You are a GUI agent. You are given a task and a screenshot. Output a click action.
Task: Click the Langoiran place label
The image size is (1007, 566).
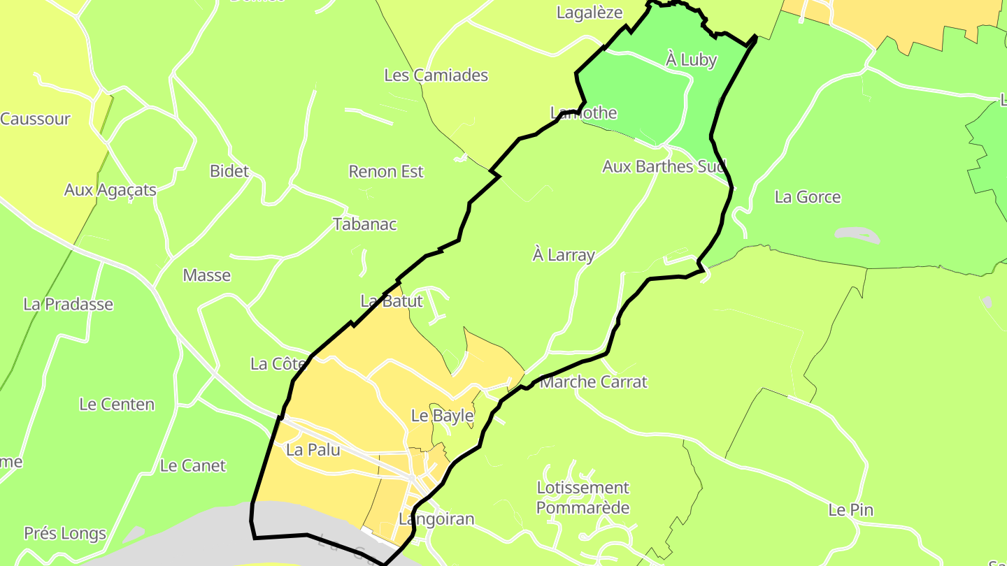click(x=436, y=519)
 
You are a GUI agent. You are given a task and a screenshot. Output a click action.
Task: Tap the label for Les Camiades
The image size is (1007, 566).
click(x=436, y=75)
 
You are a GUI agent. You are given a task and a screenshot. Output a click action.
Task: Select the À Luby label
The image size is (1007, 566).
click(x=691, y=60)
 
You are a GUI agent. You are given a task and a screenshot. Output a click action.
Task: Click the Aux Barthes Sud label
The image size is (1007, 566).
click(x=664, y=166)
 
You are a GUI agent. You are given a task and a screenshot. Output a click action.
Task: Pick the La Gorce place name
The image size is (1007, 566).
click(x=807, y=197)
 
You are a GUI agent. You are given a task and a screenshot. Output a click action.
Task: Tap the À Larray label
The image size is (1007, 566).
click(x=563, y=255)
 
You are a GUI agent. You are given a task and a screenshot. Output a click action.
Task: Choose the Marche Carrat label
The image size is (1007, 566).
click(x=594, y=382)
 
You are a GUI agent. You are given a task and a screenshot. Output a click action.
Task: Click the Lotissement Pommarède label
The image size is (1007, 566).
click(x=583, y=498)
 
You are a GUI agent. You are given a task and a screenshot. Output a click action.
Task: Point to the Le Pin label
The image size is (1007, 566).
click(x=850, y=510)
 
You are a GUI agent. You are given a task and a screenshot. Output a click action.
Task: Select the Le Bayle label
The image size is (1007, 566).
click(x=442, y=416)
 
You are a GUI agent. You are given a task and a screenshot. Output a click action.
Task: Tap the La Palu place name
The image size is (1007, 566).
click(x=313, y=450)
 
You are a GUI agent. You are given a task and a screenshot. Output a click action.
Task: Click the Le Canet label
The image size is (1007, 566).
click(x=193, y=466)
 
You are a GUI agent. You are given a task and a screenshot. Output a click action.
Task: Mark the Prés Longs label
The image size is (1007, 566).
click(x=65, y=534)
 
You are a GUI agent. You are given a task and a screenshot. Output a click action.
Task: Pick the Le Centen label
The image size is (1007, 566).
click(x=117, y=405)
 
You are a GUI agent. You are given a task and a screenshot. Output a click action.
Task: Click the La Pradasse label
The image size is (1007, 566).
click(x=68, y=305)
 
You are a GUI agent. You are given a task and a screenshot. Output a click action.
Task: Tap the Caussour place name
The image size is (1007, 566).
click(x=35, y=119)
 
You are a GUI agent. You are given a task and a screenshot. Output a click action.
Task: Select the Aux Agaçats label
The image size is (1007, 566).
click(x=110, y=190)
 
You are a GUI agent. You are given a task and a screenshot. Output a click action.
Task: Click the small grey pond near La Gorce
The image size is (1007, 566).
click(x=857, y=235)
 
